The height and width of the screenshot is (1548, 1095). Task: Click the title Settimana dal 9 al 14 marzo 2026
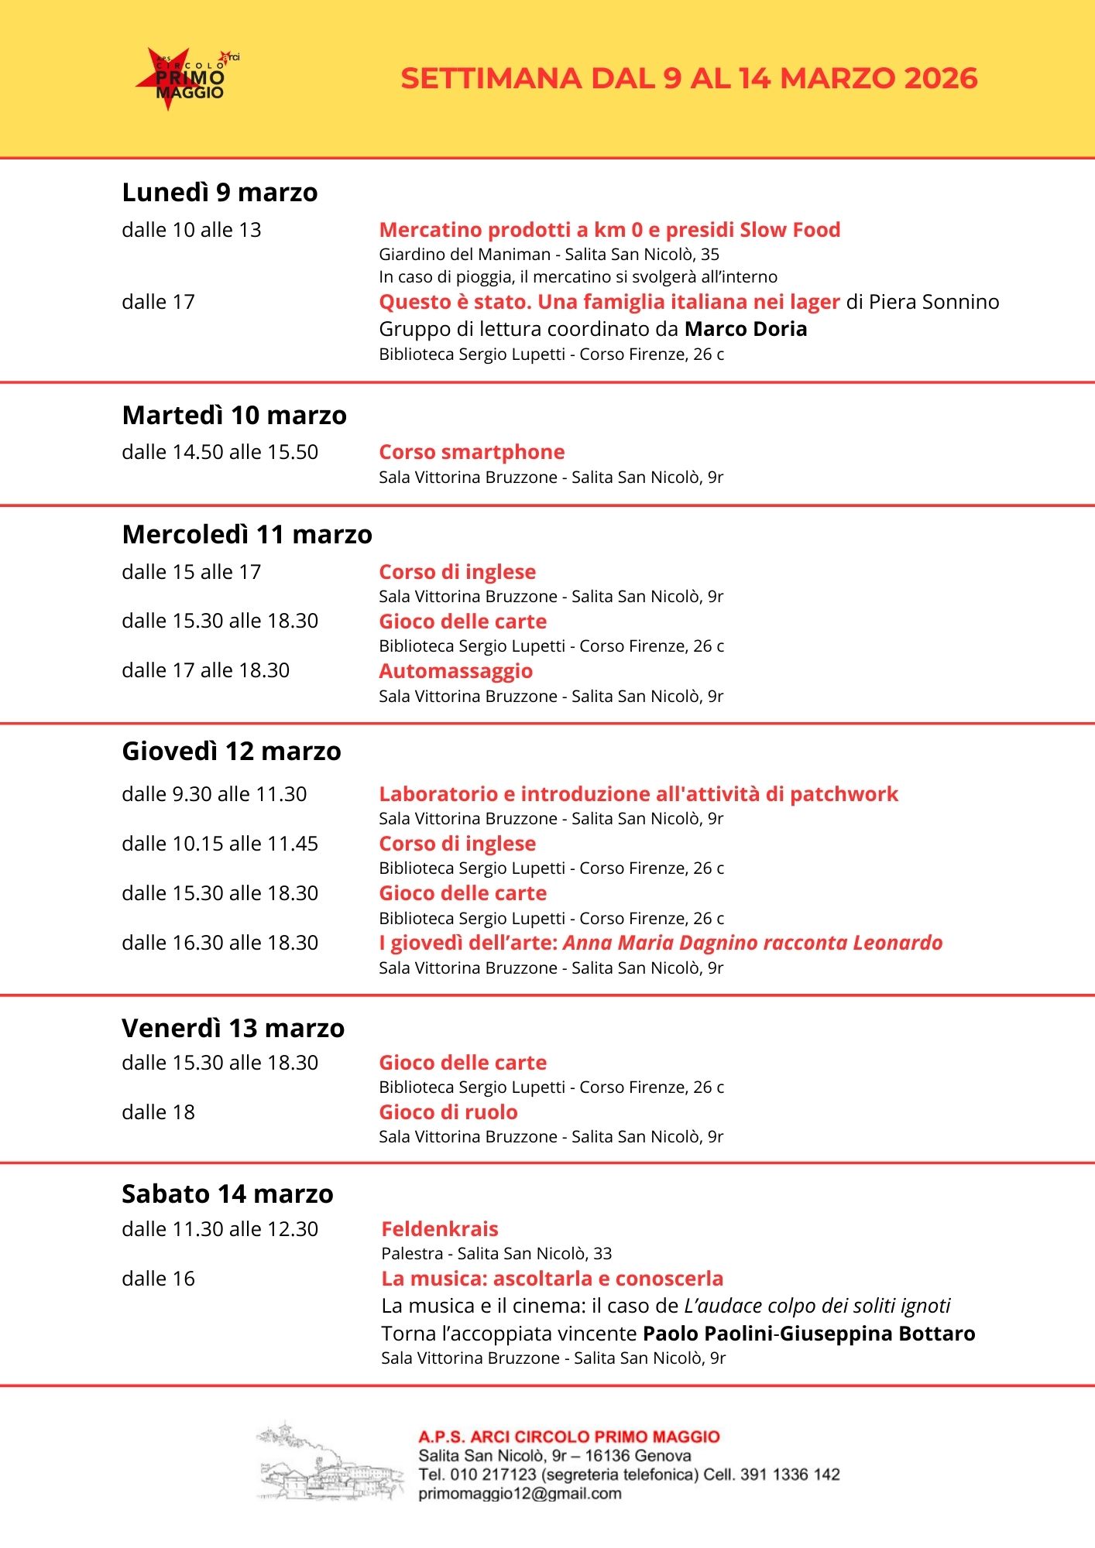pyautogui.click(x=688, y=79)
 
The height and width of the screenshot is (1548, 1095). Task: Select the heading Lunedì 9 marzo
pyautogui.click(x=220, y=193)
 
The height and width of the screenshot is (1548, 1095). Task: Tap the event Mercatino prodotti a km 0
pyautogui.click(x=609, y=230)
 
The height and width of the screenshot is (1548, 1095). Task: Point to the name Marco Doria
pyautogui.click(x=746, y=329)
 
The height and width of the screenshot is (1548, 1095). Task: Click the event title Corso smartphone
pyautogui.click(x=472, y=452)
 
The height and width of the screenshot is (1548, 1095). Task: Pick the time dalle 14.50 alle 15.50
pyautogui.click(x=220, y=452)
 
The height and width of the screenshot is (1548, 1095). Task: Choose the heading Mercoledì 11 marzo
pyautogui.click(x=247, y=535)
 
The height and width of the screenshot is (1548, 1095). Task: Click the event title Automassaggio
pyautogui.click(x=455, y=671)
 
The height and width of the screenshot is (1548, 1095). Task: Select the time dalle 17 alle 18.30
pyautogui.click(x=205, y=670)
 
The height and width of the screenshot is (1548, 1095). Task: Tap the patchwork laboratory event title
pyautogui.click(x=638, y=794)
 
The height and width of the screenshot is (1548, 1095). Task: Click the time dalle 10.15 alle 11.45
pyautogui.click(x=220, y=844)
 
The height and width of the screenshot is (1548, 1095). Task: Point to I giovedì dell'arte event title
pyautogui.click(x=661, y=943)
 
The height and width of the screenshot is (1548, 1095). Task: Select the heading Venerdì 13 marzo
pyautogui.click(x=233, y=1029)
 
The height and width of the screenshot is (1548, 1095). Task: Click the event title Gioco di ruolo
pyautogui.click(x=448, y=1112)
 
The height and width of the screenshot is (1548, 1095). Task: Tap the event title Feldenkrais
pyautogui.click(x=440, y=1229)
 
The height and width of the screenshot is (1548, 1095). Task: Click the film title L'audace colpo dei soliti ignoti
pyautogui.click(x=817, y=1306)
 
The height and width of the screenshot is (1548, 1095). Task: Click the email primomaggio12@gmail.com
pyautogui.click(x=520, y=1494)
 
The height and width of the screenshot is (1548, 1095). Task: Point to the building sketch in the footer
pyautogui.click(x=330, y=1462)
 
